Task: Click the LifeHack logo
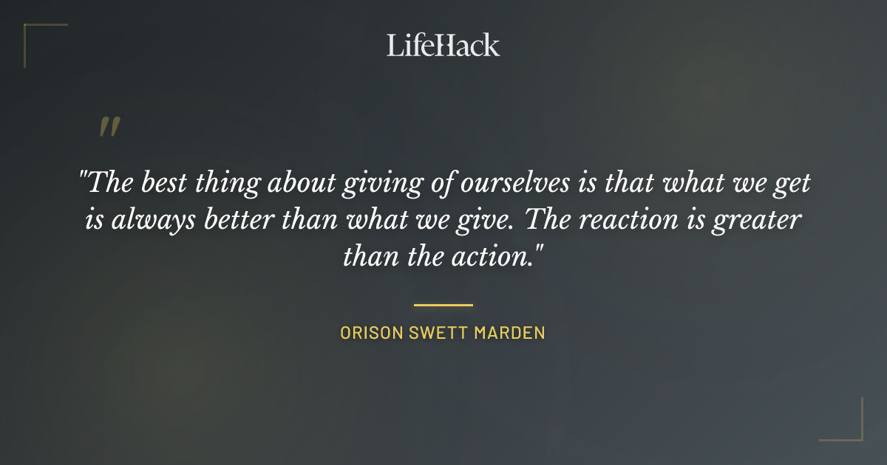(x=443, y=45)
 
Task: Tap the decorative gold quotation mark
(x=109, y=127)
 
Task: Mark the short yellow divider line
(x=443, y=304)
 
